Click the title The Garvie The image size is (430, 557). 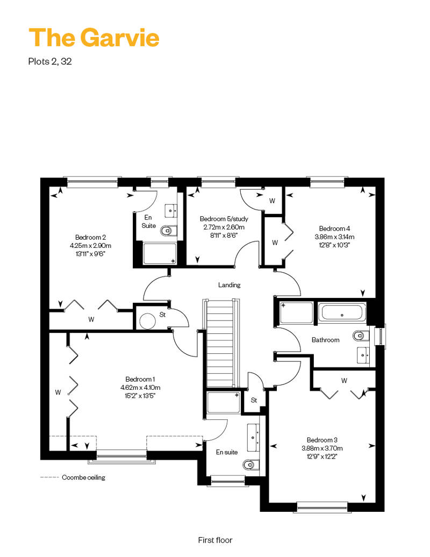pos(94,38)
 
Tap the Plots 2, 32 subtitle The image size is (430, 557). pos(50,61)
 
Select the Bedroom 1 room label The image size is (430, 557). pos(140,380)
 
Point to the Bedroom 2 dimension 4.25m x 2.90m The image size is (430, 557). pos(90,246)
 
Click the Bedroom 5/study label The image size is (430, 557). pos(224,219)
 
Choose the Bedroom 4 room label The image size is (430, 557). pos(334,228)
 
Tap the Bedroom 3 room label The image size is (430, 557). pos(322,440)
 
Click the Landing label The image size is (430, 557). pos(230,285)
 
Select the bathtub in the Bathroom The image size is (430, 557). pos(342,312)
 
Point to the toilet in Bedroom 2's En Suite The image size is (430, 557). pos(168,231)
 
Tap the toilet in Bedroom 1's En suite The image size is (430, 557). pos(251,465)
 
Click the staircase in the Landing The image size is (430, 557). pos(220,344)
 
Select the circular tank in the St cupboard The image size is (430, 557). pos(148,321)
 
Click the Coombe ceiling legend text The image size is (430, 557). pos(83,477)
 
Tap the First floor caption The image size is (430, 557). pos(215,540)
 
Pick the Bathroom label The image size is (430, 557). pos(326,340)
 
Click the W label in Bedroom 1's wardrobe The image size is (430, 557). pos(58,392)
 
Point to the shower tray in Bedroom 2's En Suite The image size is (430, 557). pos(160,253)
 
